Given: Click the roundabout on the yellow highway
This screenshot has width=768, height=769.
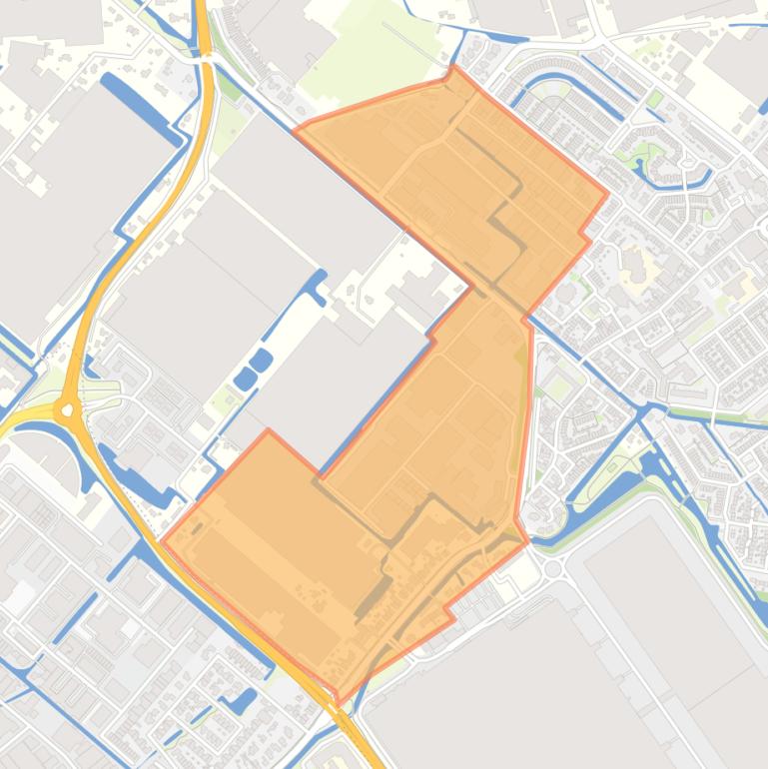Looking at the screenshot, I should [x=68, y=409].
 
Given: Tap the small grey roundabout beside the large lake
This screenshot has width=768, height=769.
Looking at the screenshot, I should [x=552, y=568].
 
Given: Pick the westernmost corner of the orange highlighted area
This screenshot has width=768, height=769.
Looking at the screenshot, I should [x=162, y=541].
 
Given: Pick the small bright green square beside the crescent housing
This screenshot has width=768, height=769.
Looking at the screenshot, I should [x=654, y=99].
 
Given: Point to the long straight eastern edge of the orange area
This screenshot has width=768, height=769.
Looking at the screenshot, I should [x=523, y=419].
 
